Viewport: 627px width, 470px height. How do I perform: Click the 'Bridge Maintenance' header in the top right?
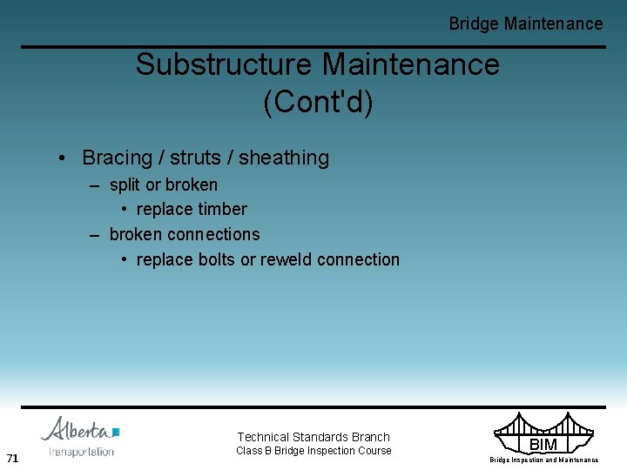(x=525, y=23)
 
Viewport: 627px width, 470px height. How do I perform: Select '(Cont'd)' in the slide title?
(x=317, y=102)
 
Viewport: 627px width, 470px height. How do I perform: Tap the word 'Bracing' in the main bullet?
(x=117, y=158)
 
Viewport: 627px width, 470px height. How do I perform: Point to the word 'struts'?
(x=196, y=158)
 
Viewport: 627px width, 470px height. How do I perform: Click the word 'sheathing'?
(x=284, y=158)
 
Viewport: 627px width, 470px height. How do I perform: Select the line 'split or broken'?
(x=164, y=185)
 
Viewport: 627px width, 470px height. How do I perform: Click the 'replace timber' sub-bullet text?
(x=192, y=209)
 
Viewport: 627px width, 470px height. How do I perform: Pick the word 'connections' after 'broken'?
(x=213, y=234)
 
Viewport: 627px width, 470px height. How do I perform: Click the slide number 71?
(x=12, y=458)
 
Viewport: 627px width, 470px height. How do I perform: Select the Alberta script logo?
(x=76, y=430)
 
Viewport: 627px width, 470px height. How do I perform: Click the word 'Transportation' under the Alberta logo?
(x=81, y=452)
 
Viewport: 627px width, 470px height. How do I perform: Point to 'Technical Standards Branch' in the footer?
(x=313, y=437)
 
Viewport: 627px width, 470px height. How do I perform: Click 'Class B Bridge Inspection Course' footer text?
(x=313, y=451)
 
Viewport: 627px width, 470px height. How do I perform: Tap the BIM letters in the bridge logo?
(x=543, y=445)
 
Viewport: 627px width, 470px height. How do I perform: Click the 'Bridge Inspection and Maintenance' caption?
(x=543, y=460)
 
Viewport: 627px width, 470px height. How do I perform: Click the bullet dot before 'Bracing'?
(x=63, y=158)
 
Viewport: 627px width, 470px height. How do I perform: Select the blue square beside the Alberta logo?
(x=116, y=432)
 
